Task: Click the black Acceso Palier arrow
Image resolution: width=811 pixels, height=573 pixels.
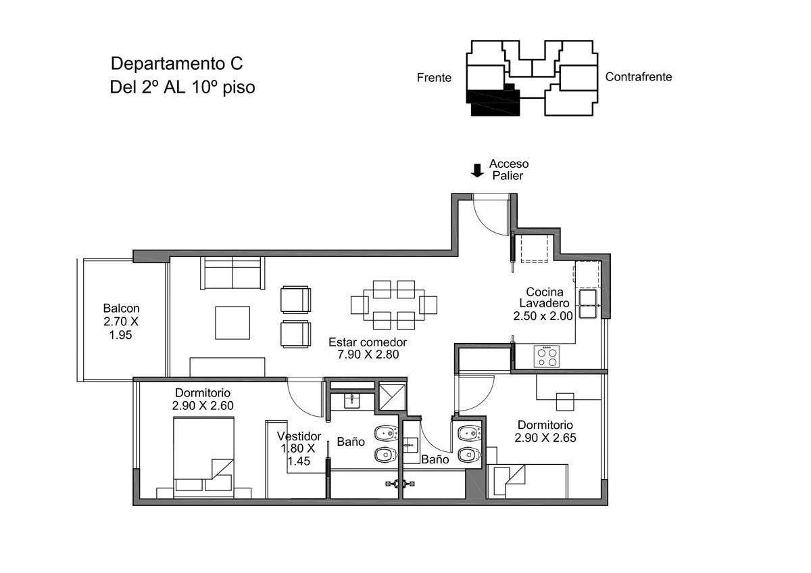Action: pyautogui.click(x=477, y=170)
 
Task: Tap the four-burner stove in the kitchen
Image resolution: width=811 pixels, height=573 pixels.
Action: pyautogui.click(x=546, y=357)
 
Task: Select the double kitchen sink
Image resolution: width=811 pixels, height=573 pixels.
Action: pyautogui.click(x=587, y=304)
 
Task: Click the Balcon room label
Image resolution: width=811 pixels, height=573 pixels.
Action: pyautogui.click(x=121, y=308)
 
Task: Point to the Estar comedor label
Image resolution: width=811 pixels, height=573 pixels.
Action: pyautogui.click(x=368, y=342)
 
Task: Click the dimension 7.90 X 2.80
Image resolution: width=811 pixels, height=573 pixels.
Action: pyautogui.click(x=368, y=354)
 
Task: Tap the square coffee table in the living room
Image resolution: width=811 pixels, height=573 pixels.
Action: pyautogui.click(x=232, y=323)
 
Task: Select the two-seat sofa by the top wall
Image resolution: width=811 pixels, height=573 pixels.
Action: pyautogui.click(x=232, y=273)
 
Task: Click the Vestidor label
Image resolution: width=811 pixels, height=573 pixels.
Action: pyautogui.click(x=299, y=436)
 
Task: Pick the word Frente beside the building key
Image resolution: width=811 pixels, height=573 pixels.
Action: pyautogui.click(x=434, y=78)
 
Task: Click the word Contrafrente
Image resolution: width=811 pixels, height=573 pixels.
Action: pyautogui.click(x=638, y=77)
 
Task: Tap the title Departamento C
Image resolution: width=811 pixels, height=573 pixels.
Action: pyautogui.click(x=176, y=64)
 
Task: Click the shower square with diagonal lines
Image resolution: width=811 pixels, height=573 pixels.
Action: pyautogui.click(x=392, y=397)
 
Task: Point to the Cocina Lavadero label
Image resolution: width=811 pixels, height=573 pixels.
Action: pyautogui.click(x=544, y=297)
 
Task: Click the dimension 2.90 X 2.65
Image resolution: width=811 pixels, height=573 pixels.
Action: pyautogui.click(x=545, y=438)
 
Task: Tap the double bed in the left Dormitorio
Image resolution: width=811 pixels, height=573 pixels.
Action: pyautogui.click(x=203, y=457)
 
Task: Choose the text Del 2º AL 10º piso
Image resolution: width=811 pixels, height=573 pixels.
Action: pyautogui.click(x=182, y=87)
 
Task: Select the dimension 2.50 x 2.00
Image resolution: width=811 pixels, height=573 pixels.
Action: pyautogui.click(x=543, y=316)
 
